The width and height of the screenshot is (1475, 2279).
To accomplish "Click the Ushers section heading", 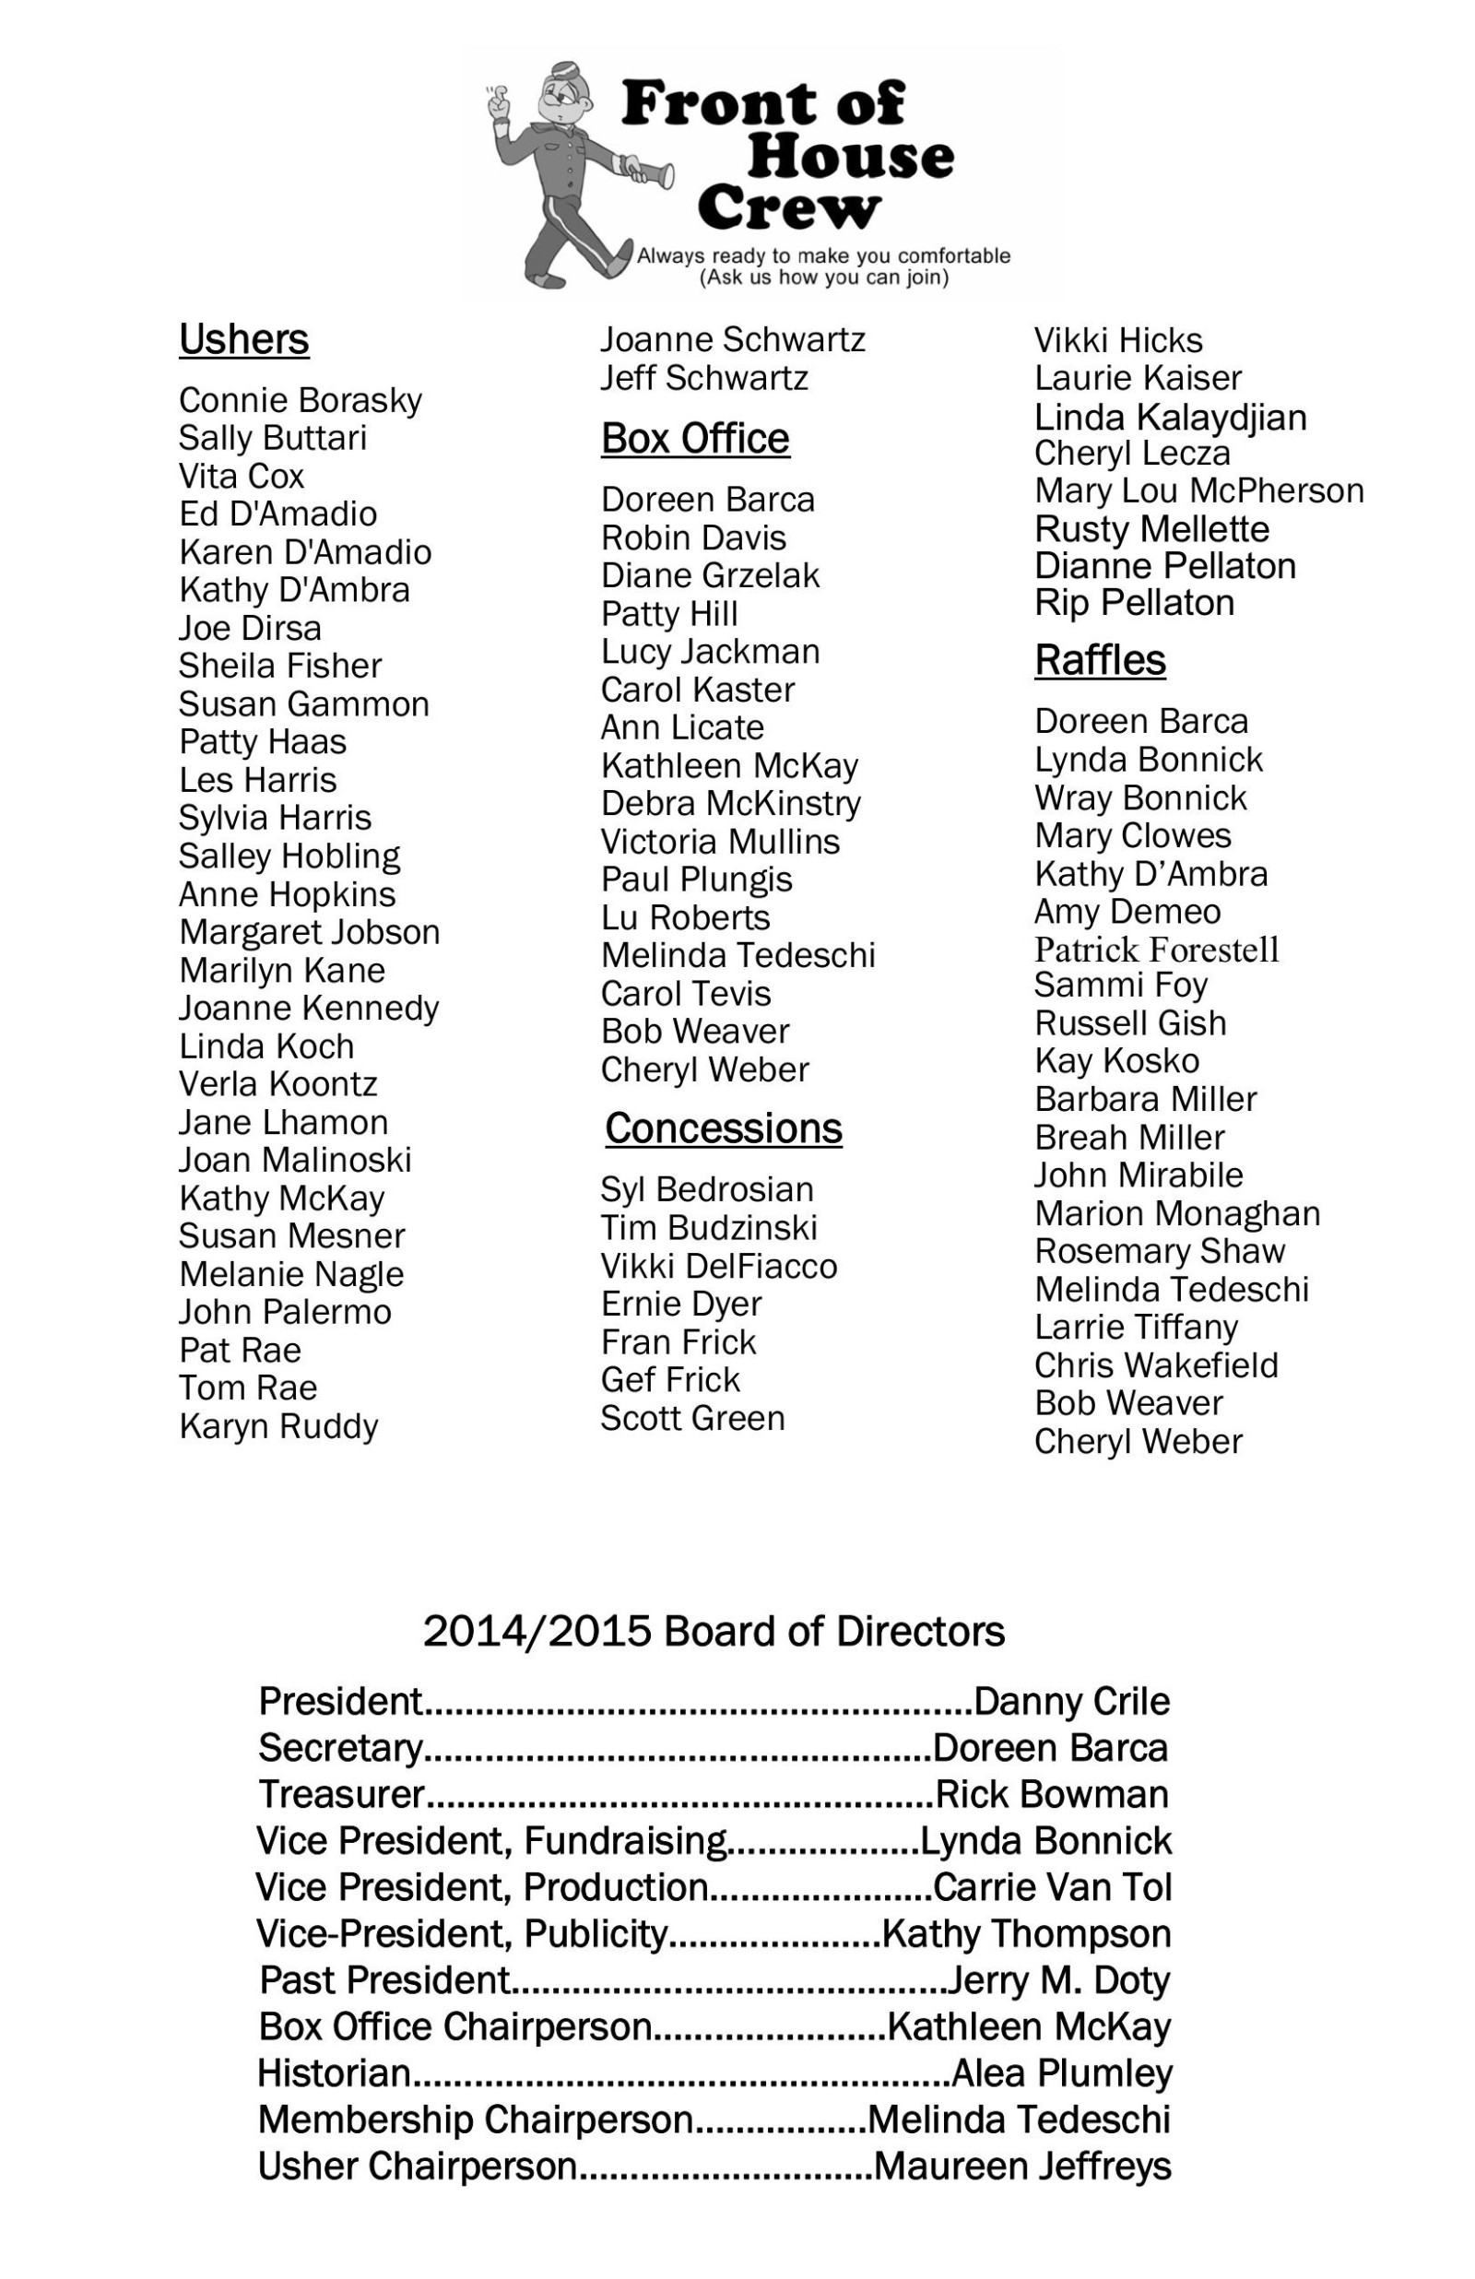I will coord(243,340).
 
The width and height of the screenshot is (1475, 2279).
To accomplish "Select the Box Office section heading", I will coord(695,439).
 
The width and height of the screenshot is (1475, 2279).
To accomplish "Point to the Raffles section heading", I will coord(1100,661).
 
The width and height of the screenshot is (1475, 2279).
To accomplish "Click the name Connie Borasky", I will coord(300,400).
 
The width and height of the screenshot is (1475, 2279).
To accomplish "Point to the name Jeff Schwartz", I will coord(704,378).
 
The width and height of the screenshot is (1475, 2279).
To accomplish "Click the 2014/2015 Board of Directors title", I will coord(714,1631).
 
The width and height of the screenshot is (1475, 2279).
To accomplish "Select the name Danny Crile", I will coord(1071,1702).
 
